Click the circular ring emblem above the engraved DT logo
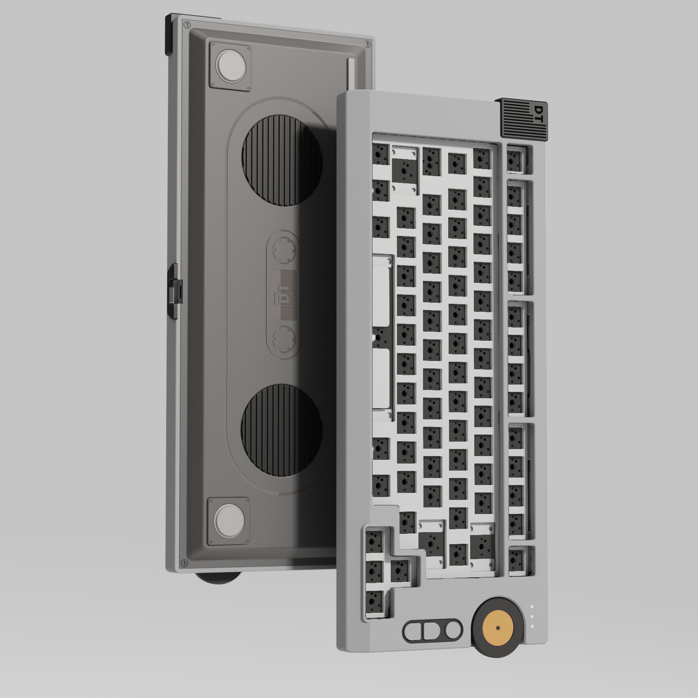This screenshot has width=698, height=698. [x=284, y=249]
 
